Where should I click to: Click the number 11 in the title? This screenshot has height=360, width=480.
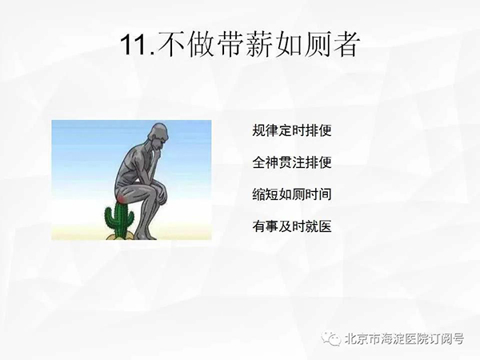point(134,45)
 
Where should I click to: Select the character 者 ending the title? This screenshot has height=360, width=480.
point(344,45)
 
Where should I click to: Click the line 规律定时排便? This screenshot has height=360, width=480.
point(292,130)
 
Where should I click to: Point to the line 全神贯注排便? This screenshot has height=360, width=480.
point(292,162)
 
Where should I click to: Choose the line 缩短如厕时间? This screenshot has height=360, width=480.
point(292,194)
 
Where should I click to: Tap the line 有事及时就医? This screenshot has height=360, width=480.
point(292,226)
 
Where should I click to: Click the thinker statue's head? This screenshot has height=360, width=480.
point(158,135)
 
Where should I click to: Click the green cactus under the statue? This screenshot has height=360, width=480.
point(119,218)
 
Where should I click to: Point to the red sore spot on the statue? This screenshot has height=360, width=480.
point(122,199)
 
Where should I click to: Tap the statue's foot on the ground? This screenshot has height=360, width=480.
point(145,235)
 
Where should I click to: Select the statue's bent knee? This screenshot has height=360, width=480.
point(161,186)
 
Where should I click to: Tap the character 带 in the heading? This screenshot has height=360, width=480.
point(230,45)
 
